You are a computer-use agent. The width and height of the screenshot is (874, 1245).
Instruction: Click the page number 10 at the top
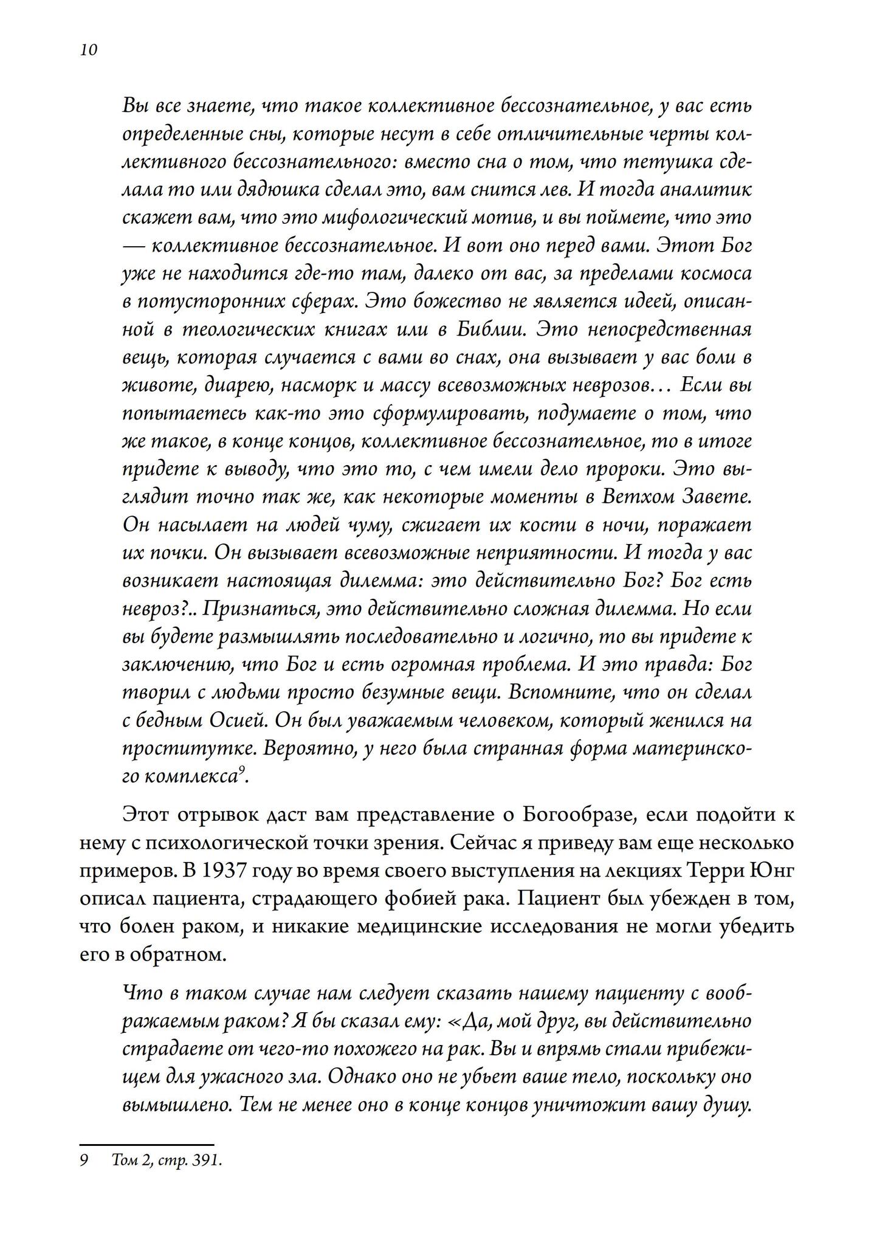[x=88, y=50]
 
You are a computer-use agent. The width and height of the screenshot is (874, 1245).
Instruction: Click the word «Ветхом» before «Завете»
[x=642, y=497]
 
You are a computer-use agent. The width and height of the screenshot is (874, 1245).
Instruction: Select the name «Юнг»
[x=772, y=871]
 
